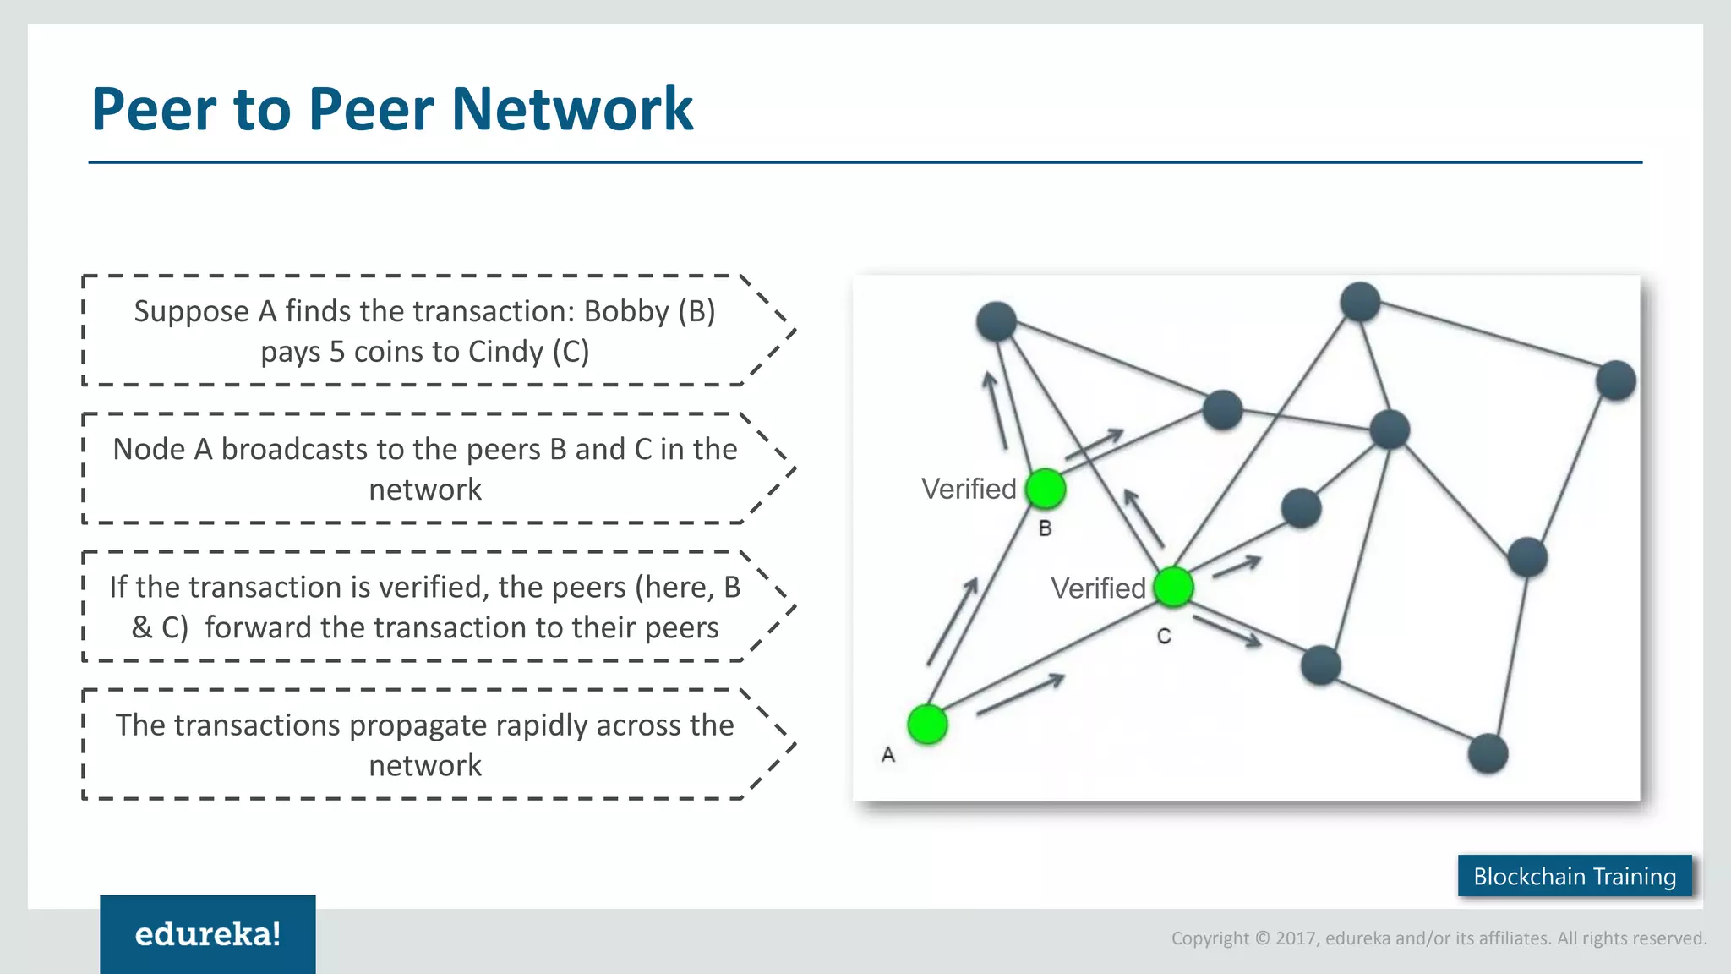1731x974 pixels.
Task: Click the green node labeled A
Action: click(x=927, y=725)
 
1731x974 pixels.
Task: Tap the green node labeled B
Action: click(x=1046, y=489)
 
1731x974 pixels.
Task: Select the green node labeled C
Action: click(x=1173, y=587)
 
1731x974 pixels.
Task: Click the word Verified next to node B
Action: click(x=969, y=489)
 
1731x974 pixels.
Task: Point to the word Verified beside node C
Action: click(x=1098, y=588)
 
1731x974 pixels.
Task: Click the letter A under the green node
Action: click(x=887, y=754)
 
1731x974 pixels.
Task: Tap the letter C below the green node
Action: click(x=1164, y=637)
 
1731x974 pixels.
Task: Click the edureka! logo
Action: click(x=208, y=933)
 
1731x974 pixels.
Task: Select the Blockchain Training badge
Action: click(x=1575, y=876)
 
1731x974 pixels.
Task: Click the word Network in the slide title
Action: click(x=572, y=109)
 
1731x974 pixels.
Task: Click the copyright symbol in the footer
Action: click(x=1263, y=938)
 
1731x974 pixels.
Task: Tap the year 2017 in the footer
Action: click(x=1297, y=938)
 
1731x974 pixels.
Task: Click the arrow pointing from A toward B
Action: click(x=953, y=621)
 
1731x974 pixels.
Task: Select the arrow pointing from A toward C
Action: click(x=1020, y=694)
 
